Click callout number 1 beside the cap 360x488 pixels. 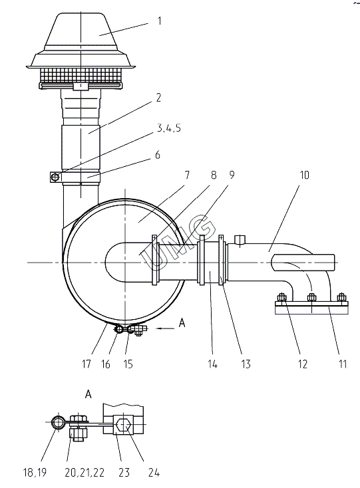tap(160, 21)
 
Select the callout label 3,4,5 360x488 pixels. tap(168, 128)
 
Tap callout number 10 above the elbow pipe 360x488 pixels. tap(304, 176)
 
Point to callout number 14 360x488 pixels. tap(212, 364)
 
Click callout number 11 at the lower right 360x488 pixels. tap(343, 364)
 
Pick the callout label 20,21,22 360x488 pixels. tap(85, 473)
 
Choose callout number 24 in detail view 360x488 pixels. tap(154, 473)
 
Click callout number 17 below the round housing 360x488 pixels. tap(87, 364)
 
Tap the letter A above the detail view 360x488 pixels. tap(89, 394)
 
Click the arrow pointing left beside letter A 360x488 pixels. tap(165, 328)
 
